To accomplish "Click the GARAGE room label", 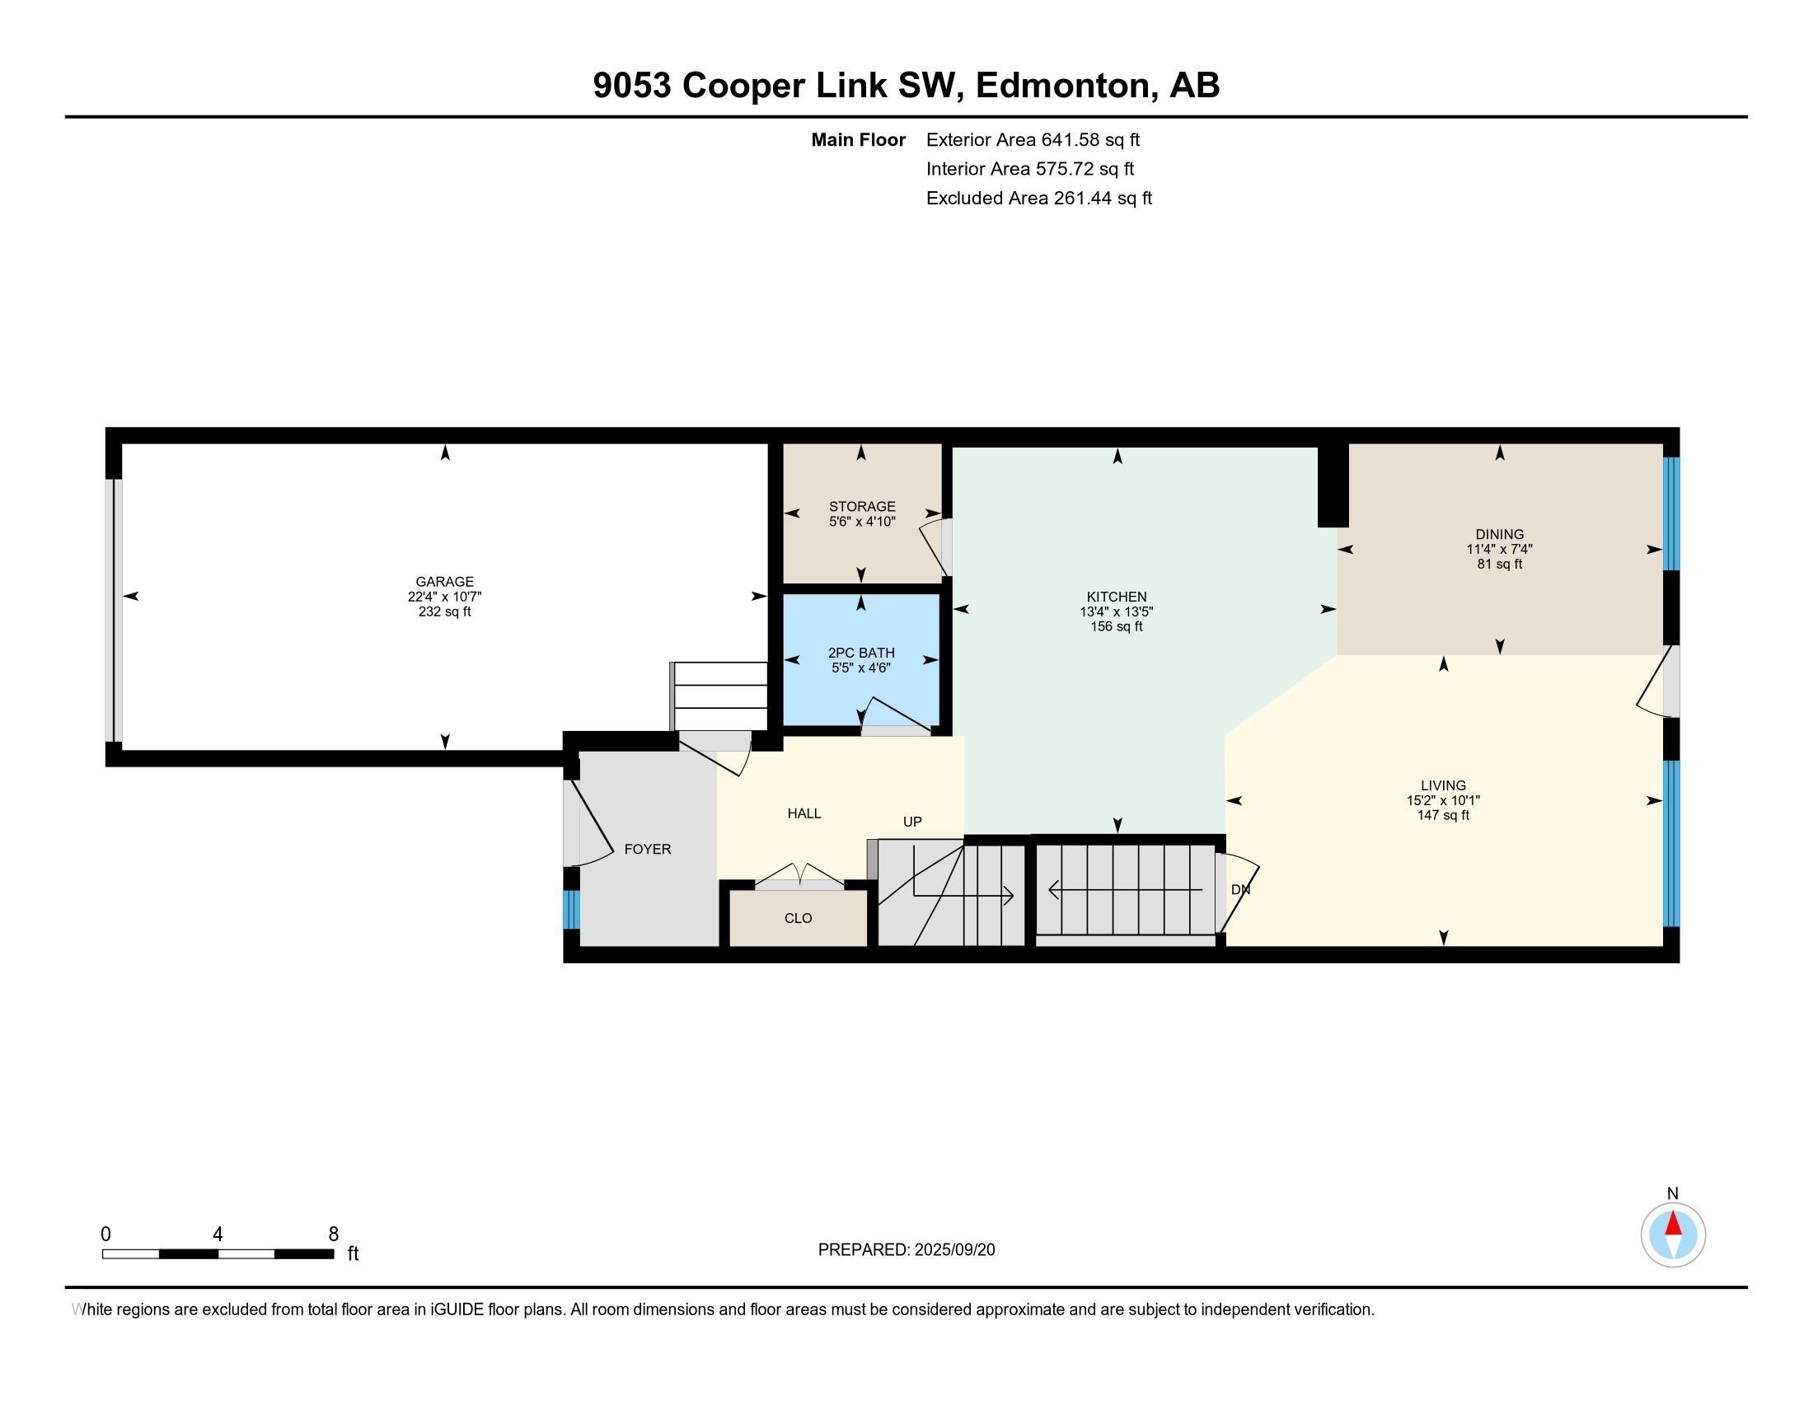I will [x=444, y=582].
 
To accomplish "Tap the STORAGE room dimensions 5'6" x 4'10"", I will [x=862, y=522].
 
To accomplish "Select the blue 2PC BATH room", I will [x=861, y=689].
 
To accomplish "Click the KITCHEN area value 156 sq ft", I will [x=1116, y=626].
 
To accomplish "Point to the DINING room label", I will [x=1498, y=534].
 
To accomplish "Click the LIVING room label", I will [x=1443, y=785].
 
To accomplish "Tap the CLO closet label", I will [x=798, y=918].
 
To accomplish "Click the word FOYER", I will [x=648, y=849].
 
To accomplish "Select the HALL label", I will [x=803, y=813].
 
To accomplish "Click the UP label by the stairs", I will [x=911, y=822].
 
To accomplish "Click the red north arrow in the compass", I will [x=1673, y=1224].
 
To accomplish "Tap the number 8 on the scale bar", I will [x=333, y=1235].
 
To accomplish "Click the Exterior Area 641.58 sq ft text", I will [x=1033, y=139].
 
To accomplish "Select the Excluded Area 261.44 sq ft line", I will [x=1038, y=199].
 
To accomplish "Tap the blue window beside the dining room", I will [x=1671, y=512].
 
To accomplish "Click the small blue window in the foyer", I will [x=571, y=910].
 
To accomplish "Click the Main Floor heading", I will [x=858, y=139].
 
